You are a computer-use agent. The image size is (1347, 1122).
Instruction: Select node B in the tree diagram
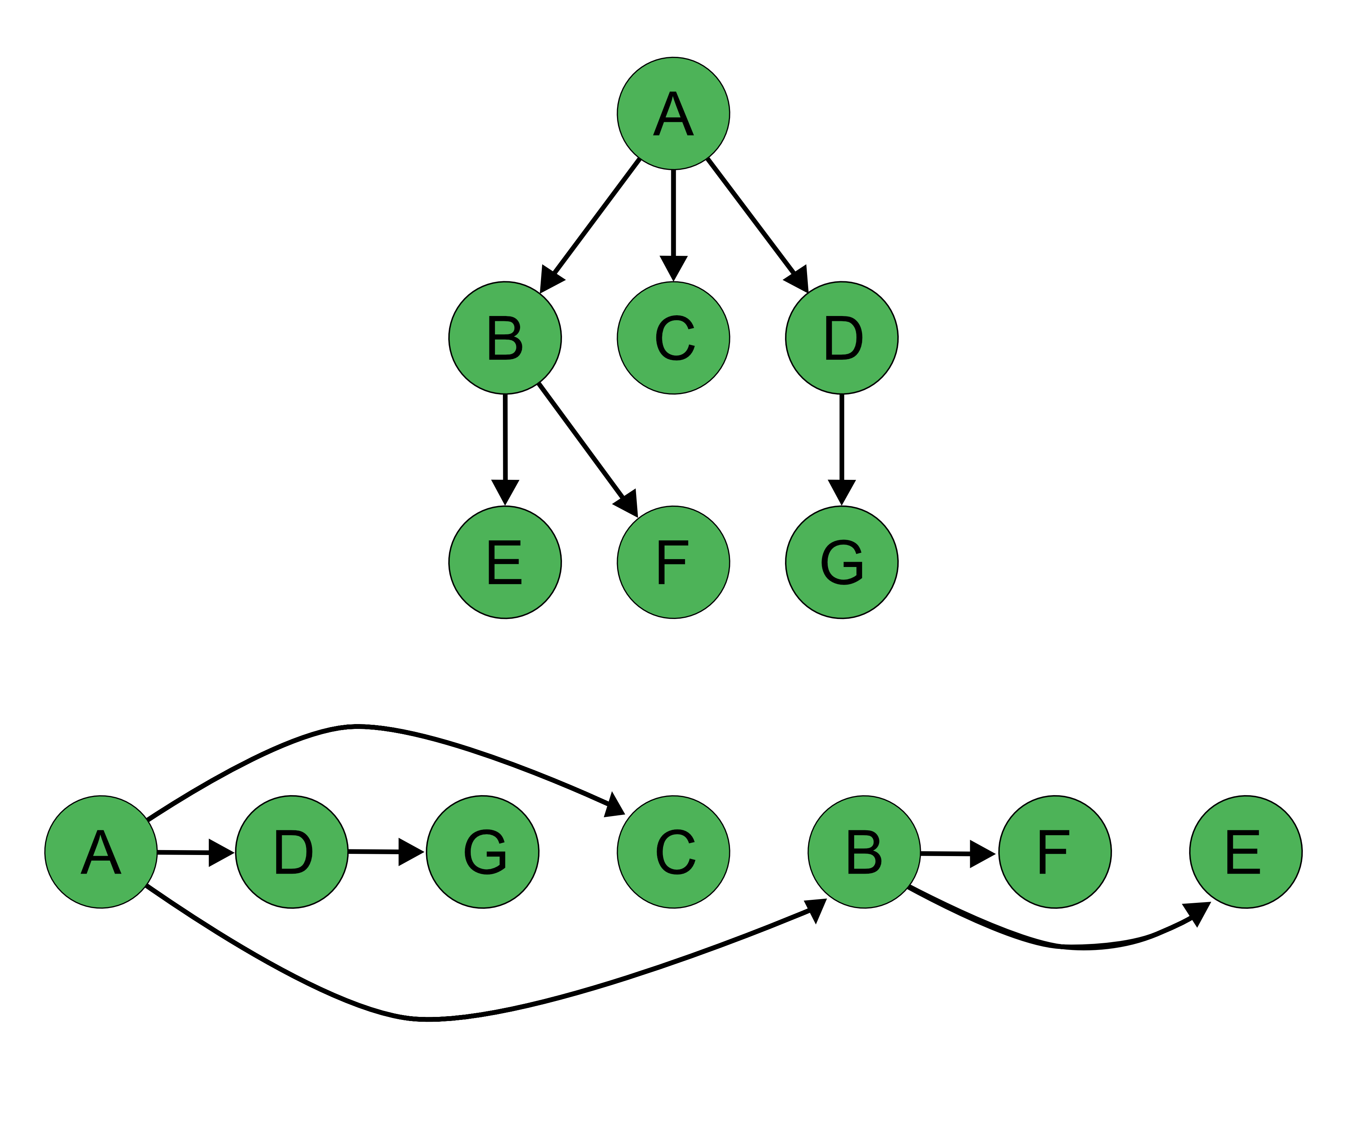click(x=505, y=338)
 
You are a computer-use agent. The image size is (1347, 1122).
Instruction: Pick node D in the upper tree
click(x=842, y=338)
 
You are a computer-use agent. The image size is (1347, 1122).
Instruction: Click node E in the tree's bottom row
click(x=505, y=562)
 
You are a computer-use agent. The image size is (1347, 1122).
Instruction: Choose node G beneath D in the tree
click(x=842, y=562)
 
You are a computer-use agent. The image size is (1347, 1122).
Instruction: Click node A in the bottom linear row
click(x=101, y=852)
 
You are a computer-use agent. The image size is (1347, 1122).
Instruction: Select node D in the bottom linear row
click(x=292, y=852)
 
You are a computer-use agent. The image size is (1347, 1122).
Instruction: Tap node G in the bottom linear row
click(x=482, y=852)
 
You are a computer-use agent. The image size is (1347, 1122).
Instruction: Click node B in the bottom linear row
click(x=864, y=852)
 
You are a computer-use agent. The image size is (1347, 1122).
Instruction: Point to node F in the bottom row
click(x=1055, y=852)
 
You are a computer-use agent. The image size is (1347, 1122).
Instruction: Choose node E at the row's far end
click(x=1246, y=852)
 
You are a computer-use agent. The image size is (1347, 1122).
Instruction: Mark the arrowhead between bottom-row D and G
click(x=410, y=852)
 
